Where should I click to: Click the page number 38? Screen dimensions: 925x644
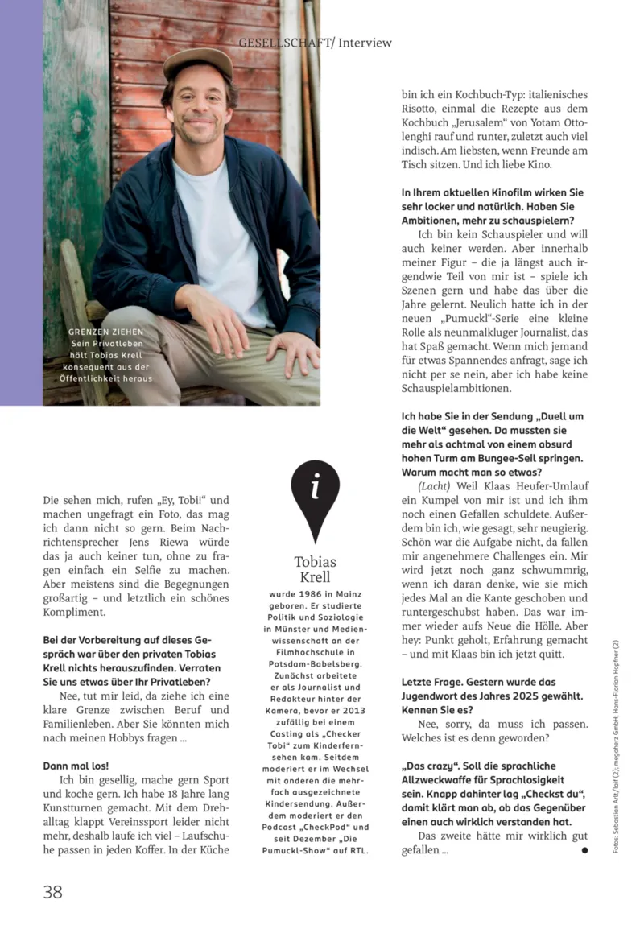click(x=52, y=891)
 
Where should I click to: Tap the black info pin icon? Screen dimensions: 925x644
click(x=315, y=492)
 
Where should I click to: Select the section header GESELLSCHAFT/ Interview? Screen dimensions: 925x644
click(x=315, y=42)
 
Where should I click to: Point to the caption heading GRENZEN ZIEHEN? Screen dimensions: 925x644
click(x=106, y=332)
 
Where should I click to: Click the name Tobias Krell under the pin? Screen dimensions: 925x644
click(x=315, y=569)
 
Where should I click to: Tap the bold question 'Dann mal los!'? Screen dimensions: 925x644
click(x=76, y=766)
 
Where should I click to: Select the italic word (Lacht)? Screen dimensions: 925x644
click(x=434, y=486)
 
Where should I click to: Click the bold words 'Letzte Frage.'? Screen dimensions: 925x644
click(x=435, y=682)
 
